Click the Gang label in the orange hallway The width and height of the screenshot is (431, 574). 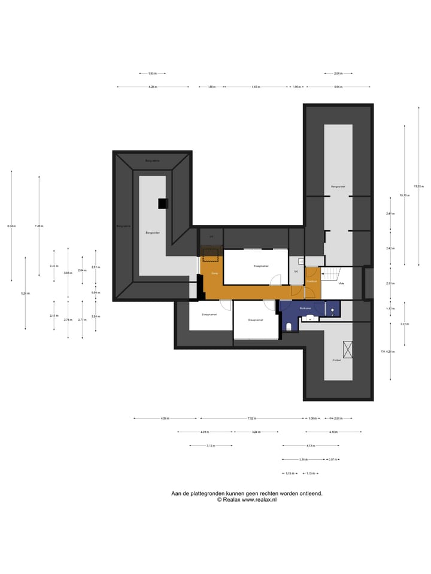pyautogui.click(x=214, y=273)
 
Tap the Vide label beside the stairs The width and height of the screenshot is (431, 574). pyautogui.click(x=341, y=283)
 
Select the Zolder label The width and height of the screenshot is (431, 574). pyautogui.click(x=337, y=361)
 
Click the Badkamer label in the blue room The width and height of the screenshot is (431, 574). pyautogui.click(x=306, y=309)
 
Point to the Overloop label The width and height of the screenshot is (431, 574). pyautogui.click(x=311, y=280)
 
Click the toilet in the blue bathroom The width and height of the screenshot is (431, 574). pyautogui.click(x=289, y=325)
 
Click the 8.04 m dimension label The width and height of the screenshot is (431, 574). pyautogui.click(x=11, y=226)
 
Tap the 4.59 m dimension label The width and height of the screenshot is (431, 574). pyautogui.click(x=165, y=419)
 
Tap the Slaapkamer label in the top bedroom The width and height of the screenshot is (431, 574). pyautogui.click(x=261, y=265)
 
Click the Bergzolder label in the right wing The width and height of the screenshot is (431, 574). pyautogui.click(x=338, y=187)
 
